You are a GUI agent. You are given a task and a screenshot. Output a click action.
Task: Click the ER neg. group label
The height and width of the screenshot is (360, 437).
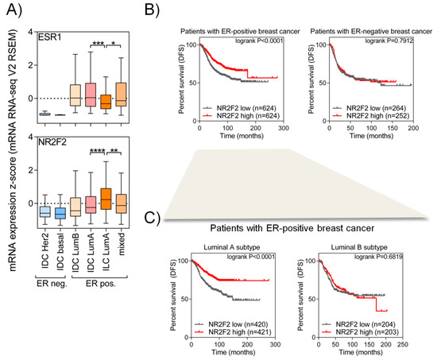pyautogui.click(x=54, y=286)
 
